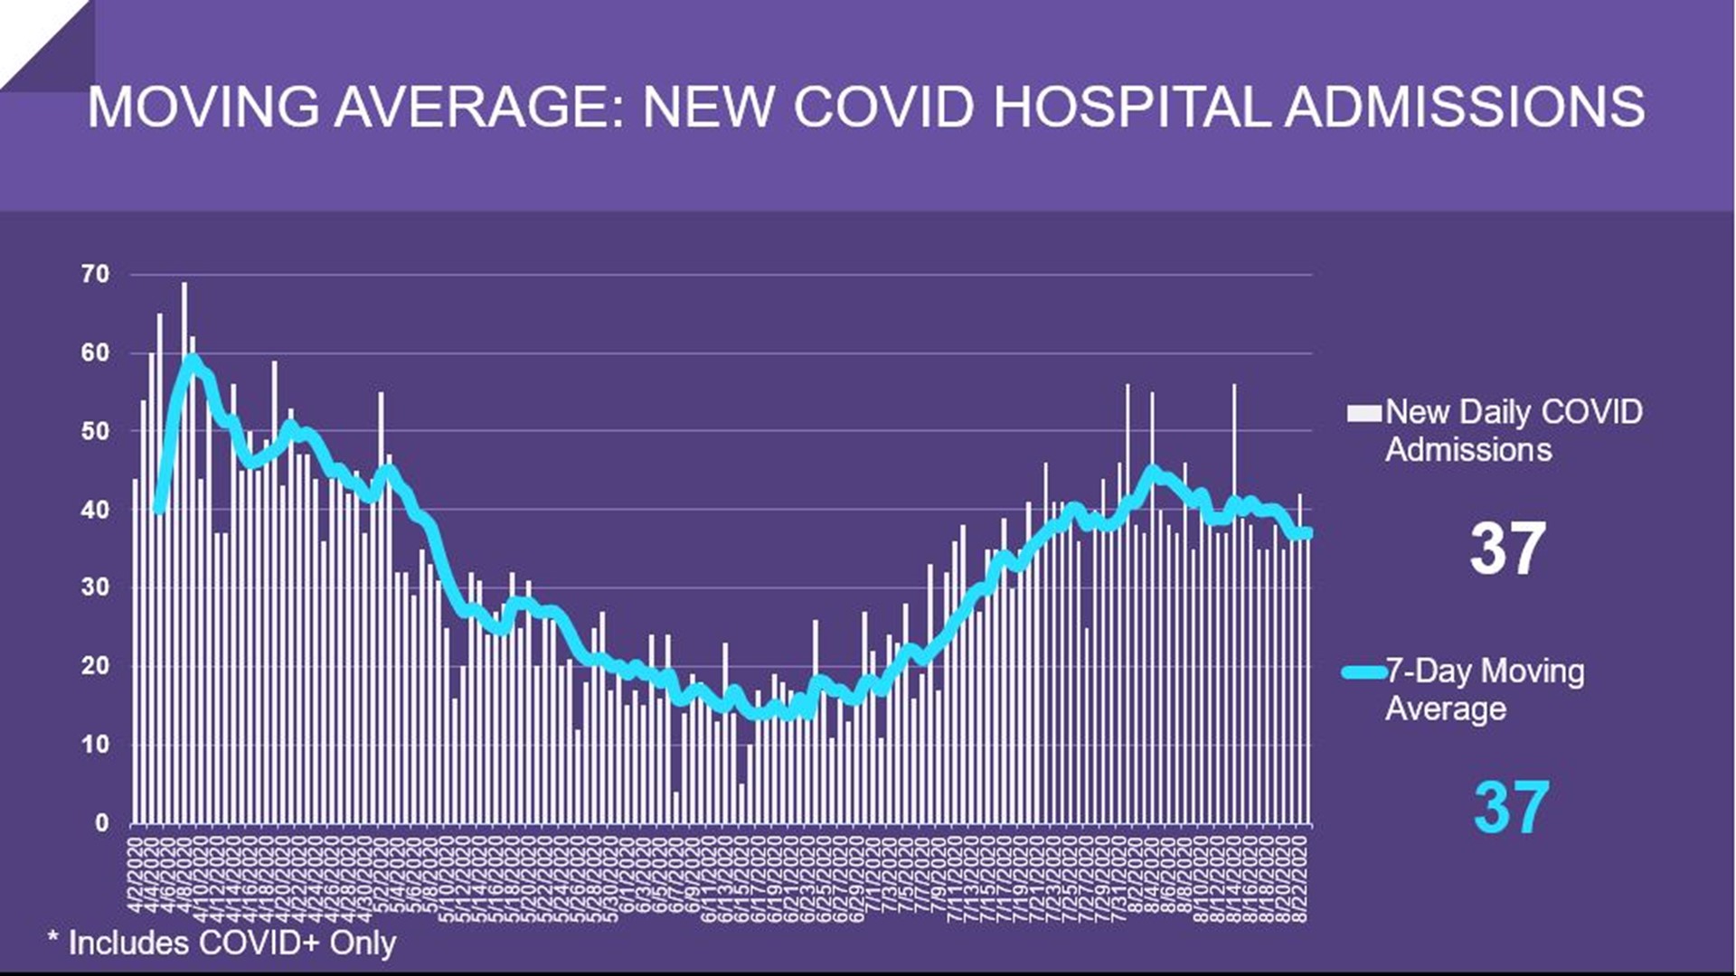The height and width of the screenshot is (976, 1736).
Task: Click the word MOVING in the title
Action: coord(203,107)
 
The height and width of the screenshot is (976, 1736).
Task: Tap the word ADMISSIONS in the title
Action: coord(1465,107)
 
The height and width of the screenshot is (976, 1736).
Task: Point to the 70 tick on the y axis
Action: coord(96,274)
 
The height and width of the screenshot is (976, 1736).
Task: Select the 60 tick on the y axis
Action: coord(96,352)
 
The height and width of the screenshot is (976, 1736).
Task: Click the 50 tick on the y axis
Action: coord(96,431)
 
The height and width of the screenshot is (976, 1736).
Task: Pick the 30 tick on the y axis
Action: coord(96,587)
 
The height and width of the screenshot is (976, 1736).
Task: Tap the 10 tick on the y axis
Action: coord(96,745)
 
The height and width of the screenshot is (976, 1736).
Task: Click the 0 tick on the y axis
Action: coord(101,822)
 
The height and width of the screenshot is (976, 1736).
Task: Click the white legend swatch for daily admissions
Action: coord(1363,413)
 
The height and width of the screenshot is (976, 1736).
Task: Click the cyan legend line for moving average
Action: coord(1363,671)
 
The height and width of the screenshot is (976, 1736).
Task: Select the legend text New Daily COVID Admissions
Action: coord(1512,430)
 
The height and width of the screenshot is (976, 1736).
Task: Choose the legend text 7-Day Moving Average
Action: coord(1485,689)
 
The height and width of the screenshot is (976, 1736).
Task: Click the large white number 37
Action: coord(1507,549)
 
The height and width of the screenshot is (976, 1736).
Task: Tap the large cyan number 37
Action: coord(1510,807)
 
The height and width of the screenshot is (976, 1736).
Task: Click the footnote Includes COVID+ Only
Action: coord(222,943)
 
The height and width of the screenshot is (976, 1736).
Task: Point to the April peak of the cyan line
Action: coord(192,360)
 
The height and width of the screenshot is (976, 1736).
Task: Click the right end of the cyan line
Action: coord(1307,533)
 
